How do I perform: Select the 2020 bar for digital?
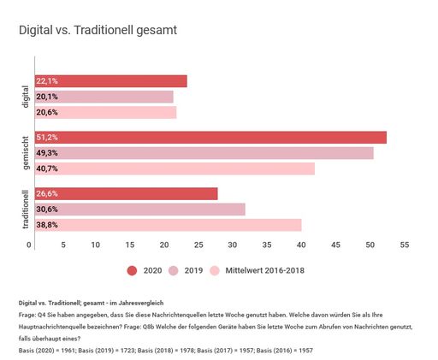tap(111, 81)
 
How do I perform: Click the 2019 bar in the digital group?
tap(104, 97)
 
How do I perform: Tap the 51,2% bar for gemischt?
tap(210, 138)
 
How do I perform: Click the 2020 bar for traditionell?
tap(127, 194)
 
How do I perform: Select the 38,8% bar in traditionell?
tap(168, 225)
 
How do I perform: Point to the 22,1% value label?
tap(47, 81)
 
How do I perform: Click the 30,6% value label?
tap(47, 210)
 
